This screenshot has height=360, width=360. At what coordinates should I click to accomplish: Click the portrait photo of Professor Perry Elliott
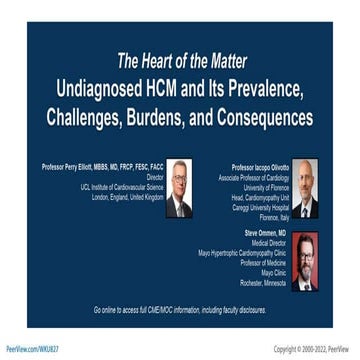click(179, 188)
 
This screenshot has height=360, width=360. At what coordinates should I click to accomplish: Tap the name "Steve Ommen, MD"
click(266, 232)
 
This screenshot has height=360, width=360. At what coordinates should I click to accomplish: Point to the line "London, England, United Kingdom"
click(127, 197)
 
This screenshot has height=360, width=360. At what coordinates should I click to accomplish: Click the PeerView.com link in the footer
click(31, 349)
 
